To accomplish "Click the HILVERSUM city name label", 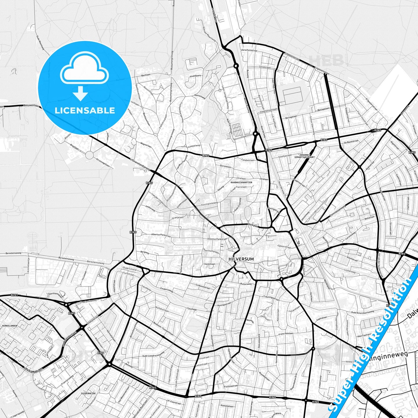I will [x=241, y=259].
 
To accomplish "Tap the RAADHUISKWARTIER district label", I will [x=241, y=183].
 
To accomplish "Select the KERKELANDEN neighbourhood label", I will [x=10, y=326].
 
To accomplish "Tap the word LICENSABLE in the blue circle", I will [x=85, y=110].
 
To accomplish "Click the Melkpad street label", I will [x=253, y=224].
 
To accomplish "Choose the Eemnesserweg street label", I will [x=337, y=211].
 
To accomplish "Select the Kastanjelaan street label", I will [x=227, y=406].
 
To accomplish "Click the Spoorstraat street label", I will [x=284, y=247].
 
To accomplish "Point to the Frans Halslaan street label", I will [x=286, y=334].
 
